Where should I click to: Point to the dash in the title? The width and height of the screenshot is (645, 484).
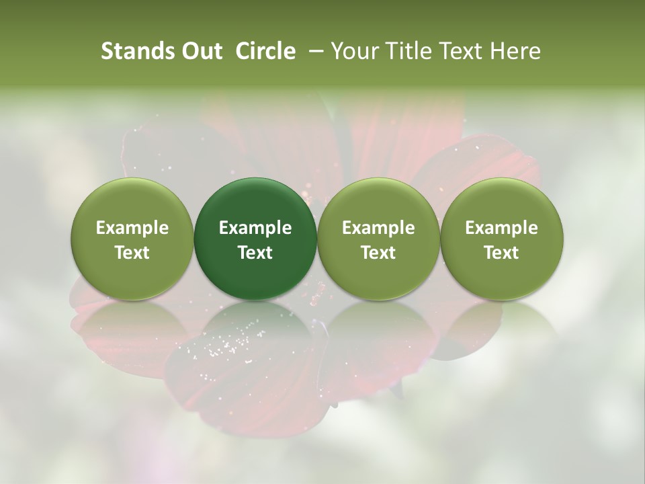[x=313, y=52]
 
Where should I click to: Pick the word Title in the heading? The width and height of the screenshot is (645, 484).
[x=406, y=52]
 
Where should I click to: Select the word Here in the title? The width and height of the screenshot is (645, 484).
[x=515, y=52]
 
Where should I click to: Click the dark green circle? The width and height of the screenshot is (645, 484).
[x=255, y=239]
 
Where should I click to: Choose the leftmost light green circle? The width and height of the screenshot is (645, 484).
[x=132, y=239]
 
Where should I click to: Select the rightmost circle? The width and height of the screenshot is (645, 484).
[x=502, y=239]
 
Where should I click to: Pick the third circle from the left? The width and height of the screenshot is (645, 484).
[x=378, y=239]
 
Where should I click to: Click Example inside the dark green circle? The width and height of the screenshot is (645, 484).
[x=255, y=228]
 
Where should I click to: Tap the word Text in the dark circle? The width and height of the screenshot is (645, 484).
[x=255, y=253]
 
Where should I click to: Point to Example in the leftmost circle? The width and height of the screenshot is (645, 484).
[x=132, y=228]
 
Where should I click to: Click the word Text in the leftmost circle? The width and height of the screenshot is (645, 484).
[x=132, y=253]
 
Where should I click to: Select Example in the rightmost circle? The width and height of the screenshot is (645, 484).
[x=502, y=228]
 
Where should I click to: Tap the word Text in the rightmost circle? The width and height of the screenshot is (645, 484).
[x=502, y=253]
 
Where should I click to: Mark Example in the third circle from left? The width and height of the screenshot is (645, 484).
[x=378, y=228]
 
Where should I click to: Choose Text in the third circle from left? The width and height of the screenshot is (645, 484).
[x=378, y=253]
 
